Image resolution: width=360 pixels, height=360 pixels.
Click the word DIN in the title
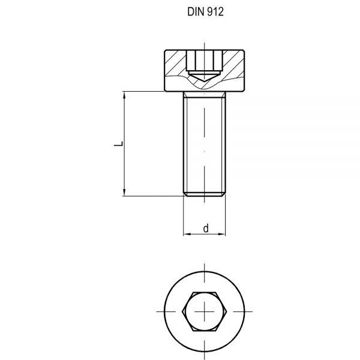(x=190, y=13)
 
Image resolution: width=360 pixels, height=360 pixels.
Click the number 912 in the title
(x=214, y=13)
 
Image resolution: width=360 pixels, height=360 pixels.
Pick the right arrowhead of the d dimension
(x=223, y=234)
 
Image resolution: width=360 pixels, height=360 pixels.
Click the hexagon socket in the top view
(x=204, y=311)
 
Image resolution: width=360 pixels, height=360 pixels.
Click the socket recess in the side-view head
(x=204, y=62)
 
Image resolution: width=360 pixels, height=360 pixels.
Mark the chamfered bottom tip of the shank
(x=204, y=193)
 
